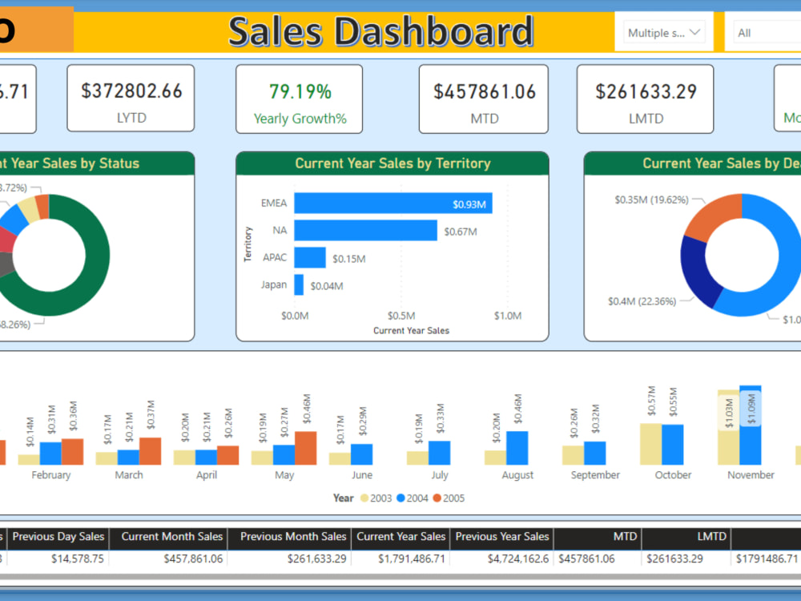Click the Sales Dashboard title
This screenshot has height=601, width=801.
[x=380, y=32]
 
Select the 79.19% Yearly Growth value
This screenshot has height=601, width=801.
[x=300, y=91]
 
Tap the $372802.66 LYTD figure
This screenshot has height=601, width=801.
[x=131, y=91]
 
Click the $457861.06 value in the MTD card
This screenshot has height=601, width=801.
[x=485, y=91]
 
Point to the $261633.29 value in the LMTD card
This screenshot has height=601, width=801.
[x=646, y=91]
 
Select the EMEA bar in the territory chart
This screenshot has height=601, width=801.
[x=392, y=204]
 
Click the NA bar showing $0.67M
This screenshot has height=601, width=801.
[x=365, y=231]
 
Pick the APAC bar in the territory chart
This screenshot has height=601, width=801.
[x=310, y=257]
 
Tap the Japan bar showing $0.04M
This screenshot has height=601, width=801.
[x=299, y=284]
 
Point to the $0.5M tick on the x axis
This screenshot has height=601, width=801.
[x=401, y=316]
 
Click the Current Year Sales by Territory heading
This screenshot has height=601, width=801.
[x=392, y=163]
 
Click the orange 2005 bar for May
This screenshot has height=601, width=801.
[x=305, y=448]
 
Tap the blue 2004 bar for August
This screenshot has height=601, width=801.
[x=517, y=448]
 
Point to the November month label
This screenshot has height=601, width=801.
[x=751, y=475]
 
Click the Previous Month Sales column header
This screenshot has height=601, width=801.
[x=293, y=537]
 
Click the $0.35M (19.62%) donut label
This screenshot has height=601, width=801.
[x=651, y=200]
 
